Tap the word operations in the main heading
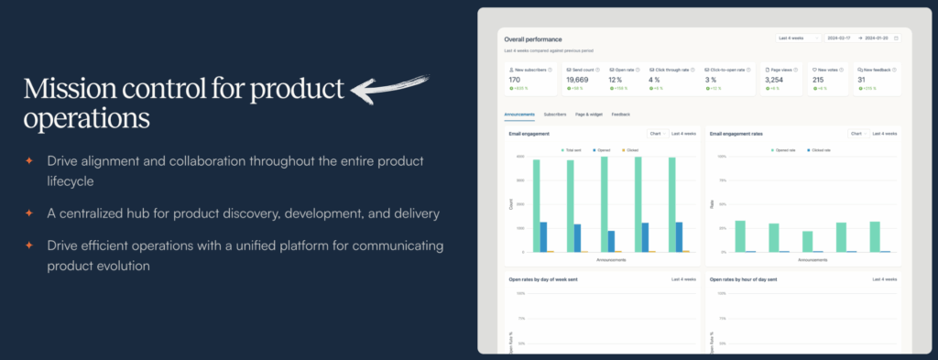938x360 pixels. coord(87,119)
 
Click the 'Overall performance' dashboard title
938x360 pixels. coord(533,38)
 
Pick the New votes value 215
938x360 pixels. coord(818,80)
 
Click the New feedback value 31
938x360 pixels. coord(861,80)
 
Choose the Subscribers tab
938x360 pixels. coord(554,115)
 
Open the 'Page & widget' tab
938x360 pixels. coord(588,115)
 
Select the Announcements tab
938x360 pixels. coord(519,115)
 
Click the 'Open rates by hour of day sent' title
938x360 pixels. coord(743,278)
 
